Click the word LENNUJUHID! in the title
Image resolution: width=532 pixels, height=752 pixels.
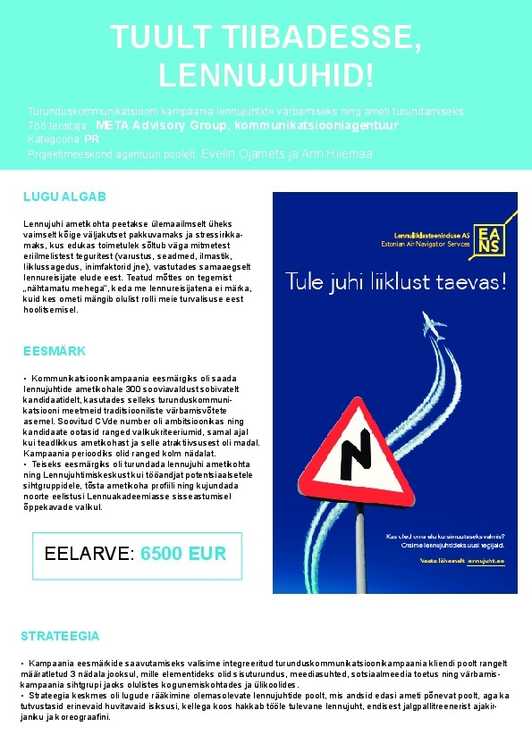click(x=265, y=75)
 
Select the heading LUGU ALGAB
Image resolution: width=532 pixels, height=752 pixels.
click(x=64, y=196)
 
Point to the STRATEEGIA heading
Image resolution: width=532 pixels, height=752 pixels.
click(x=60, y=637)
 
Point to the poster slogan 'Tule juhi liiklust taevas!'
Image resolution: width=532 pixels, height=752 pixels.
click(x=395, y=281)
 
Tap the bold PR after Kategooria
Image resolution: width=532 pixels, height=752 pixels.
click(x=91, y=140)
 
